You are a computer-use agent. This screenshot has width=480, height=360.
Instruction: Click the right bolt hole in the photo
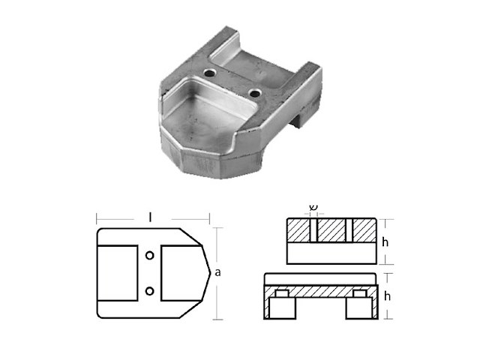click(256, 93)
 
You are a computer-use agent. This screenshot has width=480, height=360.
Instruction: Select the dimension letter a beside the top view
click(217, 274)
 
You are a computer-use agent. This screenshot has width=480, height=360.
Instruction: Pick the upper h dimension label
click(385, 241)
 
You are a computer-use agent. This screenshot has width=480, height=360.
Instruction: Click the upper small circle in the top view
click(150, 256)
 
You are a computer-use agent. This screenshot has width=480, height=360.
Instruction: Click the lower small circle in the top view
click(150, 290)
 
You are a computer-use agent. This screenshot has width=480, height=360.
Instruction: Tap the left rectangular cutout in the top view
click(118, 273)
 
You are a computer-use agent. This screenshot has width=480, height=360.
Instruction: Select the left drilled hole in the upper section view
click(315, 231)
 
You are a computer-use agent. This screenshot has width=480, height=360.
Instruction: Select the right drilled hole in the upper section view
click(349, 231)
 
